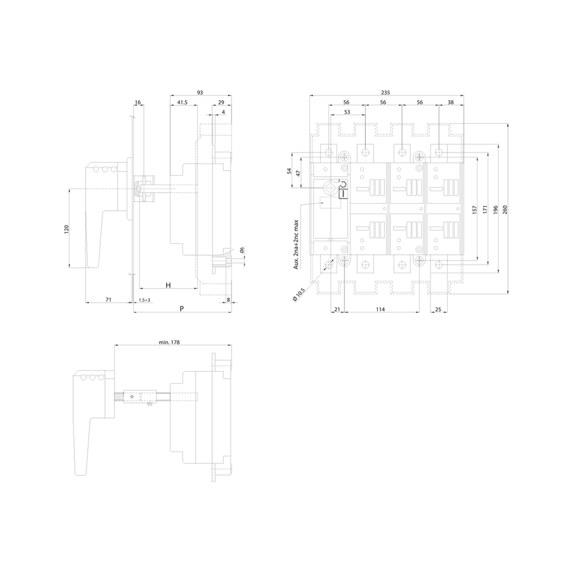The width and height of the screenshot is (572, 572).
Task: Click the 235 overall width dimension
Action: (x=385, y=93)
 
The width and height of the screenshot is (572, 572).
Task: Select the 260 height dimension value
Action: (x=505, y=210)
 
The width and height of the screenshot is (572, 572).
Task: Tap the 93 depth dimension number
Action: (x=200, y=93)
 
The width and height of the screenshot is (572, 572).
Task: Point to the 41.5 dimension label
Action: (x=182, y=103)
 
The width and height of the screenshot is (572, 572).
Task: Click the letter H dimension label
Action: (x=169, y=285)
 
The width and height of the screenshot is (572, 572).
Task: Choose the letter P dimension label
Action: (x=181, y=309)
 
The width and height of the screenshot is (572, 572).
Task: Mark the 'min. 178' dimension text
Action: (x=169, y=342)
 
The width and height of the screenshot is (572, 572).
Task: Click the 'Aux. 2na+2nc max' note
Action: (x=296, y=245)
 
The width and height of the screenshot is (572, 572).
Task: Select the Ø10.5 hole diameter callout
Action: (x=299, y=295)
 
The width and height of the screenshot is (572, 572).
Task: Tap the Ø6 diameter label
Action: (x=241, y=250)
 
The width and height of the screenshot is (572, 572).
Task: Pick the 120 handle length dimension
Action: (x=66, y=229)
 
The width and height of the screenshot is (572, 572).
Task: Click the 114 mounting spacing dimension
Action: (x=380, y=309)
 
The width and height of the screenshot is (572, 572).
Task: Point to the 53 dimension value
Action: (x=347, y=112)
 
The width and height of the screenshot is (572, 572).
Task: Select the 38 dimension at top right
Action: (x=451, y=103)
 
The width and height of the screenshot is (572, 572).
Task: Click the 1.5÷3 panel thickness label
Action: (x=144, y=300)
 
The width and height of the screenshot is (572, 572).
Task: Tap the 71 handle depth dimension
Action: (x=108, y=300)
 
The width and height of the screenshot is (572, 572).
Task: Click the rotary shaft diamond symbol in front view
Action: (x=329, y=188)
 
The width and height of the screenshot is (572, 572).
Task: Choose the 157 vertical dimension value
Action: (x=474, y=210)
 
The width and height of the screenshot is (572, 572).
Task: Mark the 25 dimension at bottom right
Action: (x=438, y=309)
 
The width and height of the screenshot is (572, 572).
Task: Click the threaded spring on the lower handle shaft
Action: (x=119, y=397)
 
